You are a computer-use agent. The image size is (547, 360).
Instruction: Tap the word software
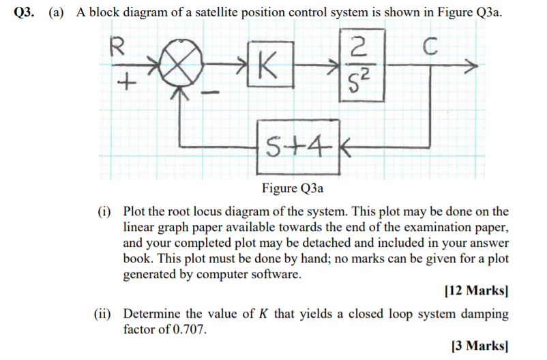pyautogui.click(x=278, y=275)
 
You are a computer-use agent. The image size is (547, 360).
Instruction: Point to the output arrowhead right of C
pyautogui.click(x=470, y=67)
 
